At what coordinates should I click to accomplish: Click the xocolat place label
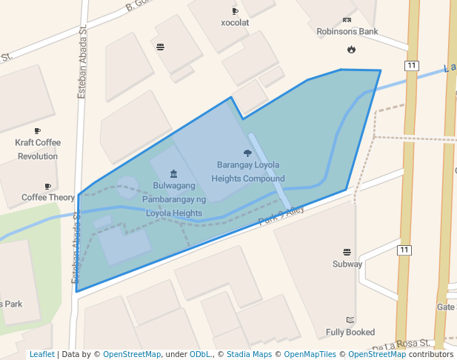pos(235,22)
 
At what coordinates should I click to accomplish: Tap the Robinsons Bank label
pos(347,32)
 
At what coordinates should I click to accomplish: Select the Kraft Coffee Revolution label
pos(38,149)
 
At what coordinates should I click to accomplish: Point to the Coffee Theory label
pos(48,198)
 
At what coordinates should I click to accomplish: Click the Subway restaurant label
pos(347,264)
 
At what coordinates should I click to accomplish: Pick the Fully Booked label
pos(350,333)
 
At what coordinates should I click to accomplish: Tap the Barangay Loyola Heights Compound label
pos(247,171)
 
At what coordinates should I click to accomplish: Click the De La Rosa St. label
pos(401,345)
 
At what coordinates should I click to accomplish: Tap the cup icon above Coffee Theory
pos(48,186)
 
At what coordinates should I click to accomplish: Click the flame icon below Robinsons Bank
pos(350,50)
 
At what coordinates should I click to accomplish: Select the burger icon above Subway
pos(347,252)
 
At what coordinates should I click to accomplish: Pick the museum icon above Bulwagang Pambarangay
pos(173,173)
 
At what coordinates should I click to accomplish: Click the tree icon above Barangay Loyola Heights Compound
pos(247,153)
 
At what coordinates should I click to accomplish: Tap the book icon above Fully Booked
pos(350,320)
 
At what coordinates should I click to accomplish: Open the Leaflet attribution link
pos(41,354)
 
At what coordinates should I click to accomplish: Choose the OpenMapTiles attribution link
pos(310,354)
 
